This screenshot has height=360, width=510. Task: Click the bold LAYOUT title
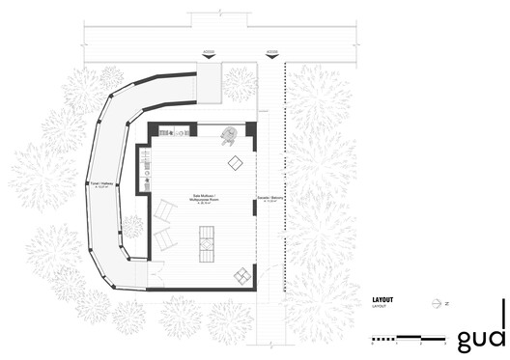[x=383, y=300]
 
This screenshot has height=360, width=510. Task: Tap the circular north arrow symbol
[x=436, y=302]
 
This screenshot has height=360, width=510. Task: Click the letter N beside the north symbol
[x=446, y=303]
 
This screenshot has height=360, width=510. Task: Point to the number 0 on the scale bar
[x=373, y=345]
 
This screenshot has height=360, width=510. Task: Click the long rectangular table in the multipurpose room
[x=206, y=243]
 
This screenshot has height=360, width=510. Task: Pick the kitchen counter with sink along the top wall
[x=173, y=130]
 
